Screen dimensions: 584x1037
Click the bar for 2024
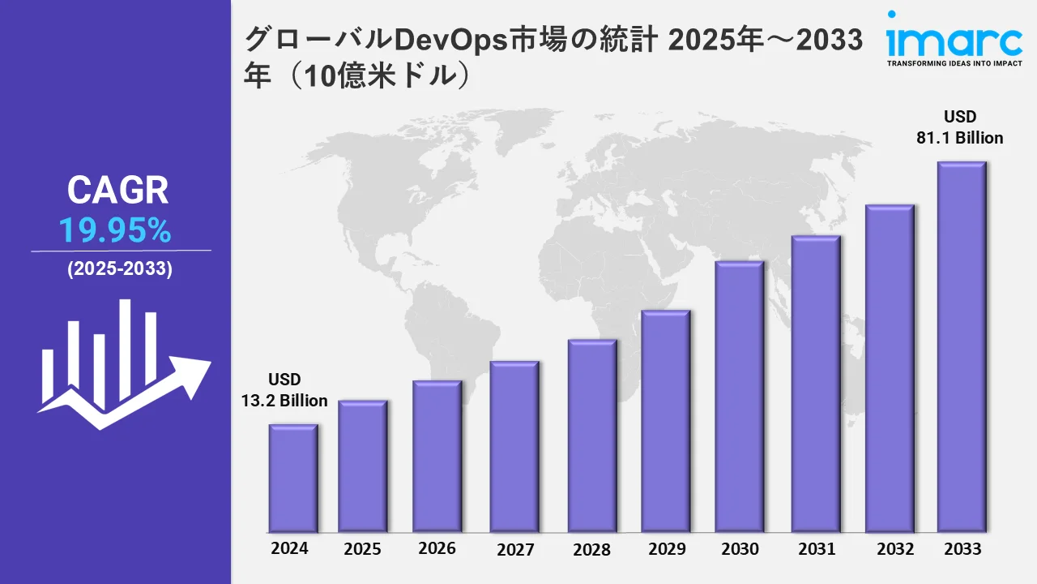293,478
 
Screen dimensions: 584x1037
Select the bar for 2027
514,446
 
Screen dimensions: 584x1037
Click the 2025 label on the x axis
362,549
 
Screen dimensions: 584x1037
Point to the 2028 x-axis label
591,550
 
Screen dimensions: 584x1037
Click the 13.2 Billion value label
284,401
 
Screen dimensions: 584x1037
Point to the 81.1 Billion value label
960,138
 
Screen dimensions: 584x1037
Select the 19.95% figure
115,232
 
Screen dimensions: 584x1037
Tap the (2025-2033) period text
119,270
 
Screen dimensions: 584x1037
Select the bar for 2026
437,456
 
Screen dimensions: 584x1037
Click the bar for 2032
889,368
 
